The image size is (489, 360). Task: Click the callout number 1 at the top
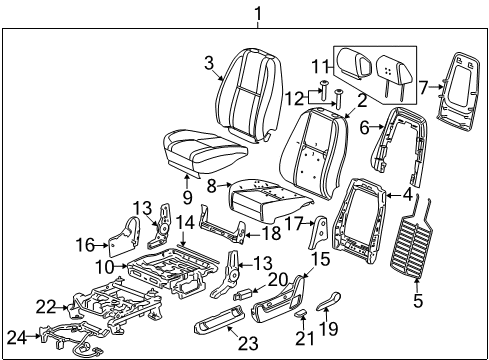click(259, 14)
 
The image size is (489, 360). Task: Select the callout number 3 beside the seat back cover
click(209, 64)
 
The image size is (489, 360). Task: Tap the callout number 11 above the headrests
click(319, 66)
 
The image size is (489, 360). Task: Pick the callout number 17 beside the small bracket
click(294, 225)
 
